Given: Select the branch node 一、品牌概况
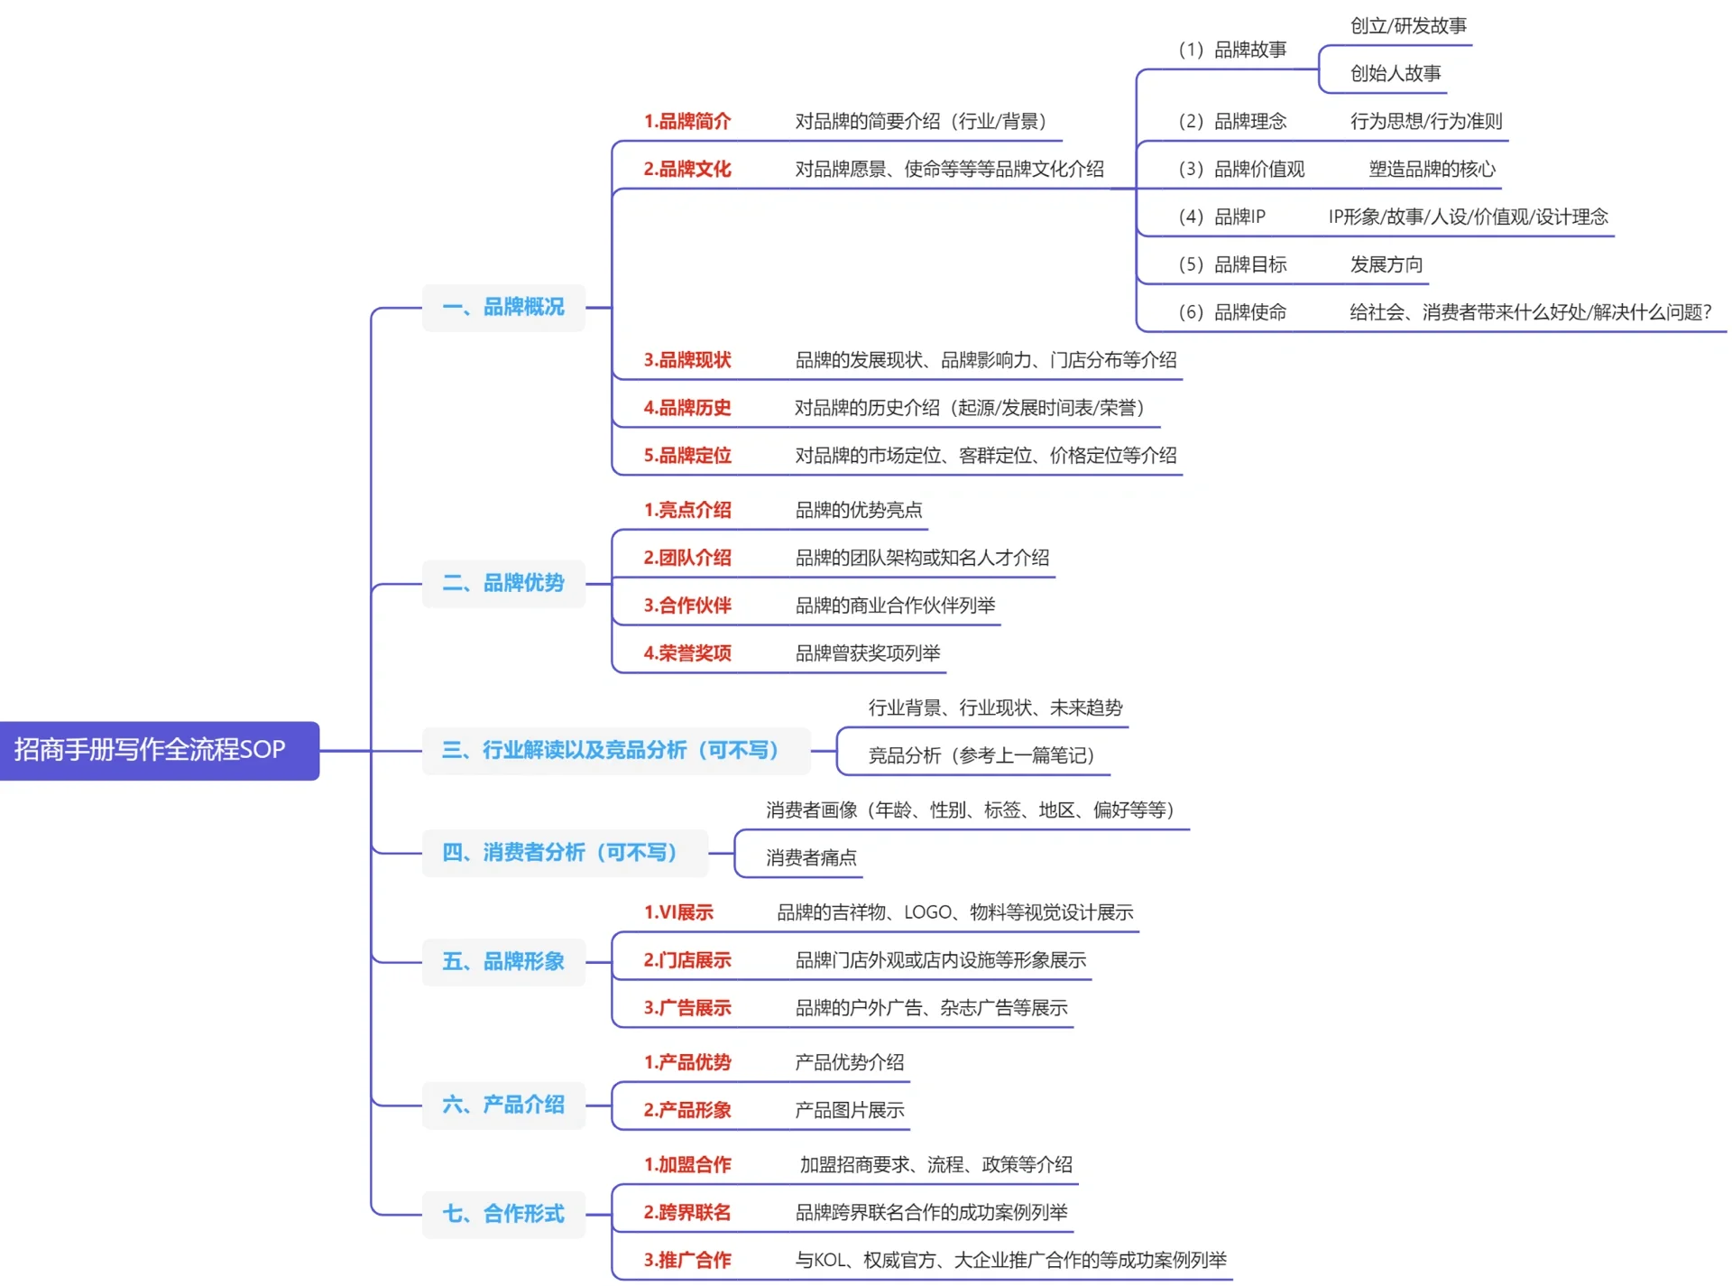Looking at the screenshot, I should click(x=503, y=308).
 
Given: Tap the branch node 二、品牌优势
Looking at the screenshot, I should click(x=503, y=583).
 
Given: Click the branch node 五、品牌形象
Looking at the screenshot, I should click(x=503, y=961).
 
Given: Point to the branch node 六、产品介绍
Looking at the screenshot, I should click(x=503, y=1105).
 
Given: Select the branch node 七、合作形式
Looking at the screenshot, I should click(x=503, y=1214).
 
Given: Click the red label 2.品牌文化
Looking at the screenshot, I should click(x=687, y=170).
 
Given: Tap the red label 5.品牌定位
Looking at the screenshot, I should click(x=687, y=456).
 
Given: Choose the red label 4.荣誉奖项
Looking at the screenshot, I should click(x=687, y=653).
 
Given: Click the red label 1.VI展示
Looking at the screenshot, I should click(x=678, y=912).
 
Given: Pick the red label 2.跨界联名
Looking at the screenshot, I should click(x=687, y=1213).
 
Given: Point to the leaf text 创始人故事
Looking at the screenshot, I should click(x=1395, y=74).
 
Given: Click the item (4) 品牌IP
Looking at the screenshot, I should click(x=1222, y=217).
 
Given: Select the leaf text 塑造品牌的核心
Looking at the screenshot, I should click(x=1432, y=170).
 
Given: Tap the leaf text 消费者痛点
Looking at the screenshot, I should click(x=811, y=858).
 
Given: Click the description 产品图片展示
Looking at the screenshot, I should click(x=849, y=1111).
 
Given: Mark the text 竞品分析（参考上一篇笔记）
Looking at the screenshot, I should click(x=981, y=756).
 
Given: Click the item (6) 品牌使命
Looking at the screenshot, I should click(x=1232, y=313).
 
